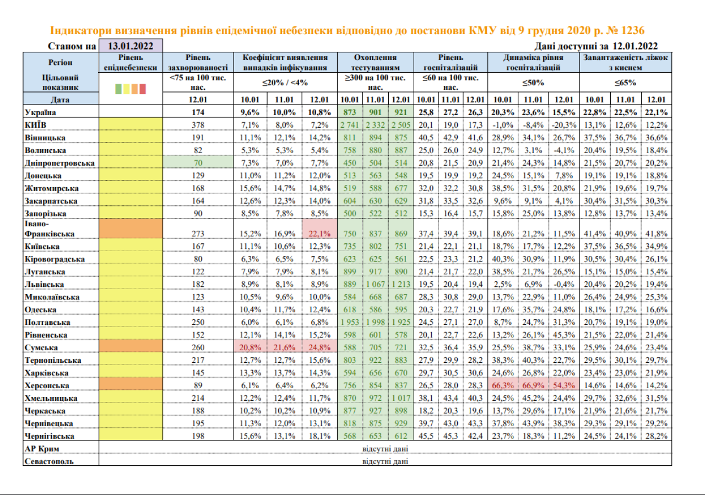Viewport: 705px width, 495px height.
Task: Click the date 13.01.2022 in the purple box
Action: [x=131, y=46]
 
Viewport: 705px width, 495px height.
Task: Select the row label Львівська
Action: [x=45, y=284]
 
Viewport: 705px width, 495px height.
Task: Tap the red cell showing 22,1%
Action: [x=319, y=233]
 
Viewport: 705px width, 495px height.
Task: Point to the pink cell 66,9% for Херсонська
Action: [x=533, y=385]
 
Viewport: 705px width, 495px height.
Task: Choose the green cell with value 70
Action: [x=198, y=163]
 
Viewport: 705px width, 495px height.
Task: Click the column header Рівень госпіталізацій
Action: [x=450, y=62]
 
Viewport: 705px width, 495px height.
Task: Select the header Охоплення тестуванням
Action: [x=375, y=62]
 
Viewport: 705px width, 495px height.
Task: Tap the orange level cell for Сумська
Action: [x=131, y=347]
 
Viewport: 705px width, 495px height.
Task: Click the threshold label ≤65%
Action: [x=626, y=83]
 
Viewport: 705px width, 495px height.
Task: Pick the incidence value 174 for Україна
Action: [x=198, y=112]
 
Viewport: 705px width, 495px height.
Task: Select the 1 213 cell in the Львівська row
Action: [x=401, y=284]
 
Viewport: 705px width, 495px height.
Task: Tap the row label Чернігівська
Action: [x=50, y=436]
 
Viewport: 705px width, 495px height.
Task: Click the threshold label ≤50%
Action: [x=533, y=83]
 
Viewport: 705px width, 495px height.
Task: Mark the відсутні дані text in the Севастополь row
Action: [x=385, y=461]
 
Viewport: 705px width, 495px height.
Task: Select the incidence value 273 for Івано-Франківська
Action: [x=198, y=233]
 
